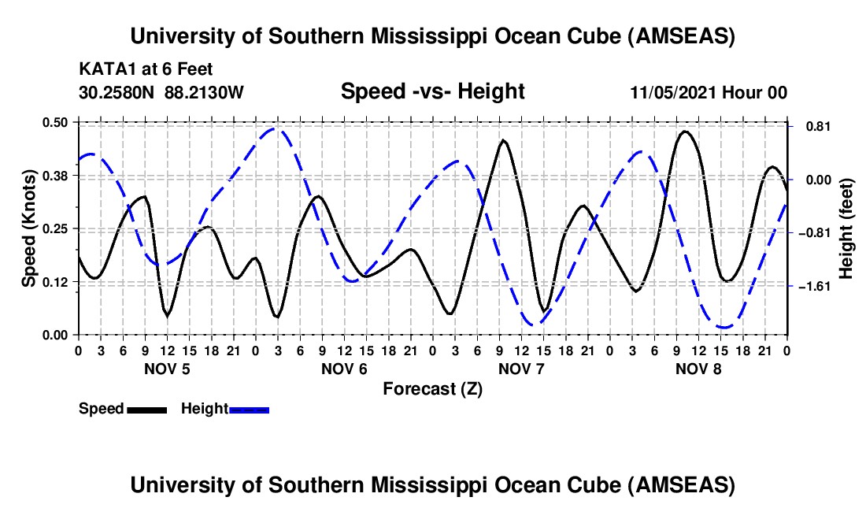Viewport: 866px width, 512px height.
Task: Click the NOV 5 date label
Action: pyautogui.click(x=167, y=369)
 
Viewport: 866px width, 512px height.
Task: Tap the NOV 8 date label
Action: pyautogui.click(x=699, y=369)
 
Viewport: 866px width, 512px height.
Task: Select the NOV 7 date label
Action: pyautogui.click(x=521, y=369)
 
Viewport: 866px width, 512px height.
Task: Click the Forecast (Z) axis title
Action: pyautogui.click(x=432, y=388)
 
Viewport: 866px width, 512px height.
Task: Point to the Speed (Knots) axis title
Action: pyautogui.click(x=29, y=228)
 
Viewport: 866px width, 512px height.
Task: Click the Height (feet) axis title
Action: pyautogui.click(x=846, y=228)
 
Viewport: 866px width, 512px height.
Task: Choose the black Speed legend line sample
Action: pyautogui.click(x=146, y=409)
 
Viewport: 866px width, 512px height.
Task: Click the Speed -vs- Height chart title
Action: pyautogui.click(x=432, y=91)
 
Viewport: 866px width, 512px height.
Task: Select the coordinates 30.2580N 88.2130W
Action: pyautogui.click(x=161, y=92)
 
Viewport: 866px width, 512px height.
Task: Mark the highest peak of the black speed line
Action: pyautogui.click(x=685, y=132)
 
